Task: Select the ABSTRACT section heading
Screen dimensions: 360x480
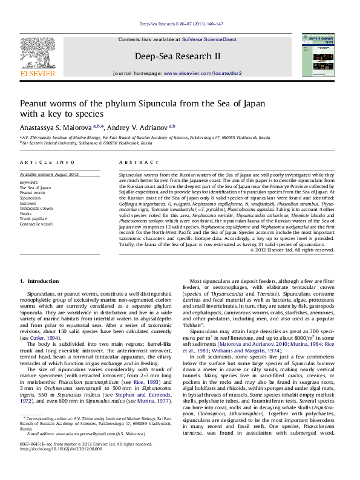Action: coord(134,163)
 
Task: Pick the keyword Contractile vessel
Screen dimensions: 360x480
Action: coord(37,224)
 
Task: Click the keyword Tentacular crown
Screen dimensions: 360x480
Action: coord(36,208)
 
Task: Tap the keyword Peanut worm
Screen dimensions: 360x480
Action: coord(32,192)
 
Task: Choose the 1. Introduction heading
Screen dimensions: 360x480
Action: coord(39,281)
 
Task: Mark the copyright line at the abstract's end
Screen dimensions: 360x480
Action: coord(301,266)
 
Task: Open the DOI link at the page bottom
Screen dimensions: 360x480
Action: coord(61,466)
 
